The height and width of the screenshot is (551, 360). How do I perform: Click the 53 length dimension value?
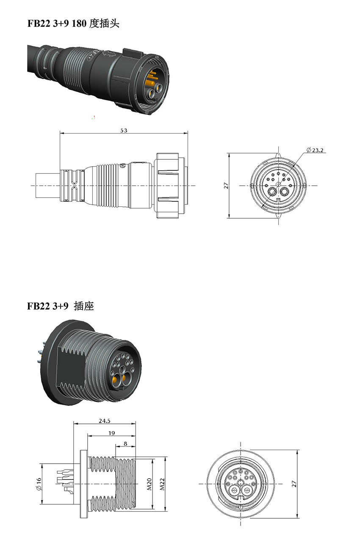pos(124,131)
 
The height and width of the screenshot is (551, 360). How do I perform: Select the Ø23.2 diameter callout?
pos(315,150)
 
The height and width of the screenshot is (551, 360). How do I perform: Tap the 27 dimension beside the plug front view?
pos(226,186)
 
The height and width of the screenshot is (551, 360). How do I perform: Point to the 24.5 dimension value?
pos(105,421)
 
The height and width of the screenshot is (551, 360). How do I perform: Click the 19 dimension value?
pos(111,433)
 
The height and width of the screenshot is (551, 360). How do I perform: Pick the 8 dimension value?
pos(125,444)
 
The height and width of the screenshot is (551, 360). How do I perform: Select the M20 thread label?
pos(150,484)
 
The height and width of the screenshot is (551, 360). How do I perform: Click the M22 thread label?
pos(162,484)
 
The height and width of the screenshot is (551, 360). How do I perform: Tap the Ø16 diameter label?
pos(39,484)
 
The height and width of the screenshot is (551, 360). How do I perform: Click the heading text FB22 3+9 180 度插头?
pos(73,24)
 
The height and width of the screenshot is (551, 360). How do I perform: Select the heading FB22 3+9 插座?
pos(61,306)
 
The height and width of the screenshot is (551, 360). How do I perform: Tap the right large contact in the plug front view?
pos(285,194)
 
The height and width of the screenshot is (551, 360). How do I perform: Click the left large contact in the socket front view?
pos(233,492)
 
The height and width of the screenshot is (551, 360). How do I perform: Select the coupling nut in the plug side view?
pos(169,186)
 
